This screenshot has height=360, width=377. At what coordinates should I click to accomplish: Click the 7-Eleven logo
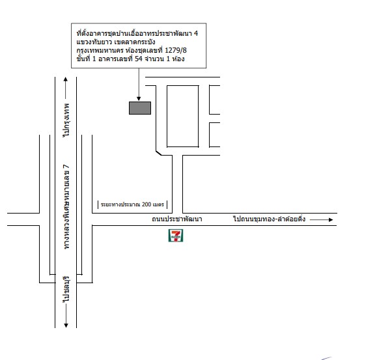pyautogui.click(x=176, y=236)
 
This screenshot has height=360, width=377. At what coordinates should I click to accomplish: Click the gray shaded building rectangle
pyautogui.click(x=140, y=108)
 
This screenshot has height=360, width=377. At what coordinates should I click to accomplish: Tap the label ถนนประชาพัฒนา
pyautogui.click(x=177, y=219)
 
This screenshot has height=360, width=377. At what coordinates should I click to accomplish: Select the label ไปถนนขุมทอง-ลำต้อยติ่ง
pyautogui.click(x=270, y=219)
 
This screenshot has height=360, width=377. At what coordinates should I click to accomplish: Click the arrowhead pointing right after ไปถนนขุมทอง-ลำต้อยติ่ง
pyautogui.click(x=331, y=219)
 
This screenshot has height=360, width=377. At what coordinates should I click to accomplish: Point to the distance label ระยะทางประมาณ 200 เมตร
pyautogui.click(x=132, y=204)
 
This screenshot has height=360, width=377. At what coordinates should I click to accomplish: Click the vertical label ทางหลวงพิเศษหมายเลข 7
pyautogui.click(x=66, y=207)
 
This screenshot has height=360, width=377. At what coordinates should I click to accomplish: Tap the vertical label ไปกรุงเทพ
pyautogui.click(x=66, y=120)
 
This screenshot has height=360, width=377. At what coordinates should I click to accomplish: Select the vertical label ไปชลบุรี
pyautogui.click(x=66, y=289)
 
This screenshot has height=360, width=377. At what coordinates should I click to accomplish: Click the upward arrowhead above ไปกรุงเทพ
pyautogui.click(x=66, y=79)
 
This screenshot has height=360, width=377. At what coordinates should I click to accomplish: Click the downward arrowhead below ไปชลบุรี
pyautogui.click(x=66, y=325)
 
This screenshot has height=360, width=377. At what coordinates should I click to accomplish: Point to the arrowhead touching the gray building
pyautogui.click(x=139, y=99)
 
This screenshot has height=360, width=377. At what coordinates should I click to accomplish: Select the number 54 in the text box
pyautogui.click(x=139, y=59)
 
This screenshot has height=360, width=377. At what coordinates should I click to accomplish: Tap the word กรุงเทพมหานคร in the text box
pyautogui.click(x=100, y=51)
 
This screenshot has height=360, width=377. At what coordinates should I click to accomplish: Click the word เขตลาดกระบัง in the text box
pyautogui.click(x=135, y=42)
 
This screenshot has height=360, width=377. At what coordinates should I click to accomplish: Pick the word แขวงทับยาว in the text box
pyautogui.click(x=94, y=42)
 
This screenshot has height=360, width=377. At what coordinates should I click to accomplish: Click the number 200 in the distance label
pyautogui.click(x=147, y=204)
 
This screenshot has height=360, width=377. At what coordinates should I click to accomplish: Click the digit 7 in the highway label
pyautogui.click(x=66, y=167)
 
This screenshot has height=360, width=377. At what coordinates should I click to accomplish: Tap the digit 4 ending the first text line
pyautogui.click(x=196, y=33)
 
